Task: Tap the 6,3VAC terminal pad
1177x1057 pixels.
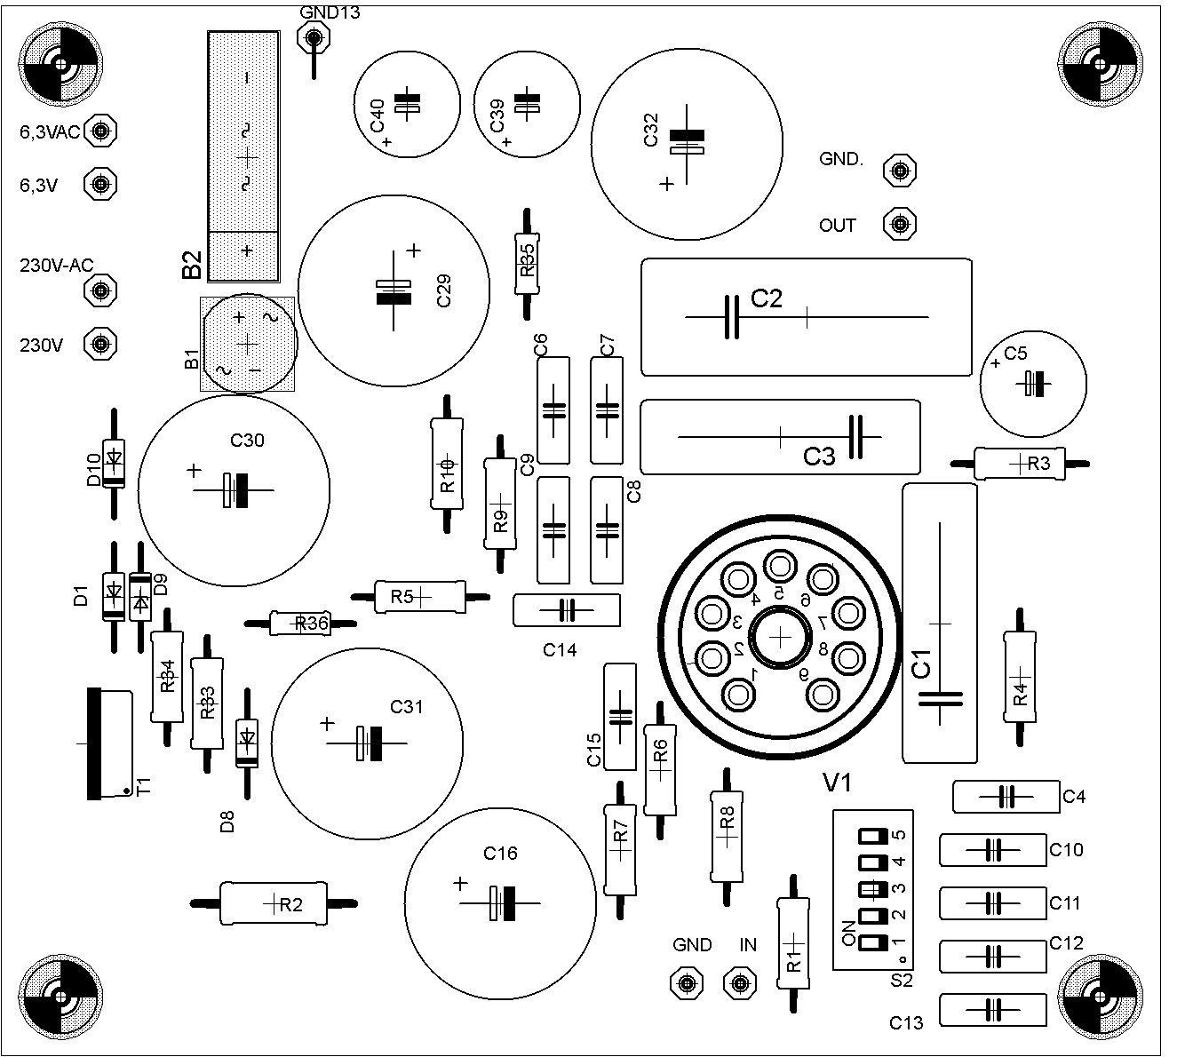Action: tap(101, 131)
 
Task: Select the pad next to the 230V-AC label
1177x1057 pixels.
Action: tap(100, 290)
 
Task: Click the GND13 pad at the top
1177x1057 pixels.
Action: tap(313, 37)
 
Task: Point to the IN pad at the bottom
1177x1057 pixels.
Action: tap(739, 982)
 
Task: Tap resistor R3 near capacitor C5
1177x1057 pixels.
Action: tap(1020, 463)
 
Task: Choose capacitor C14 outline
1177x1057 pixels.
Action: tap(567, 610)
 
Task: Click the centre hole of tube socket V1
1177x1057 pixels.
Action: tap(780, 636)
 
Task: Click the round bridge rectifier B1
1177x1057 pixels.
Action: tap(248, 343)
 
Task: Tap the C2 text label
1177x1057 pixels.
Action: tap(767, 298)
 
